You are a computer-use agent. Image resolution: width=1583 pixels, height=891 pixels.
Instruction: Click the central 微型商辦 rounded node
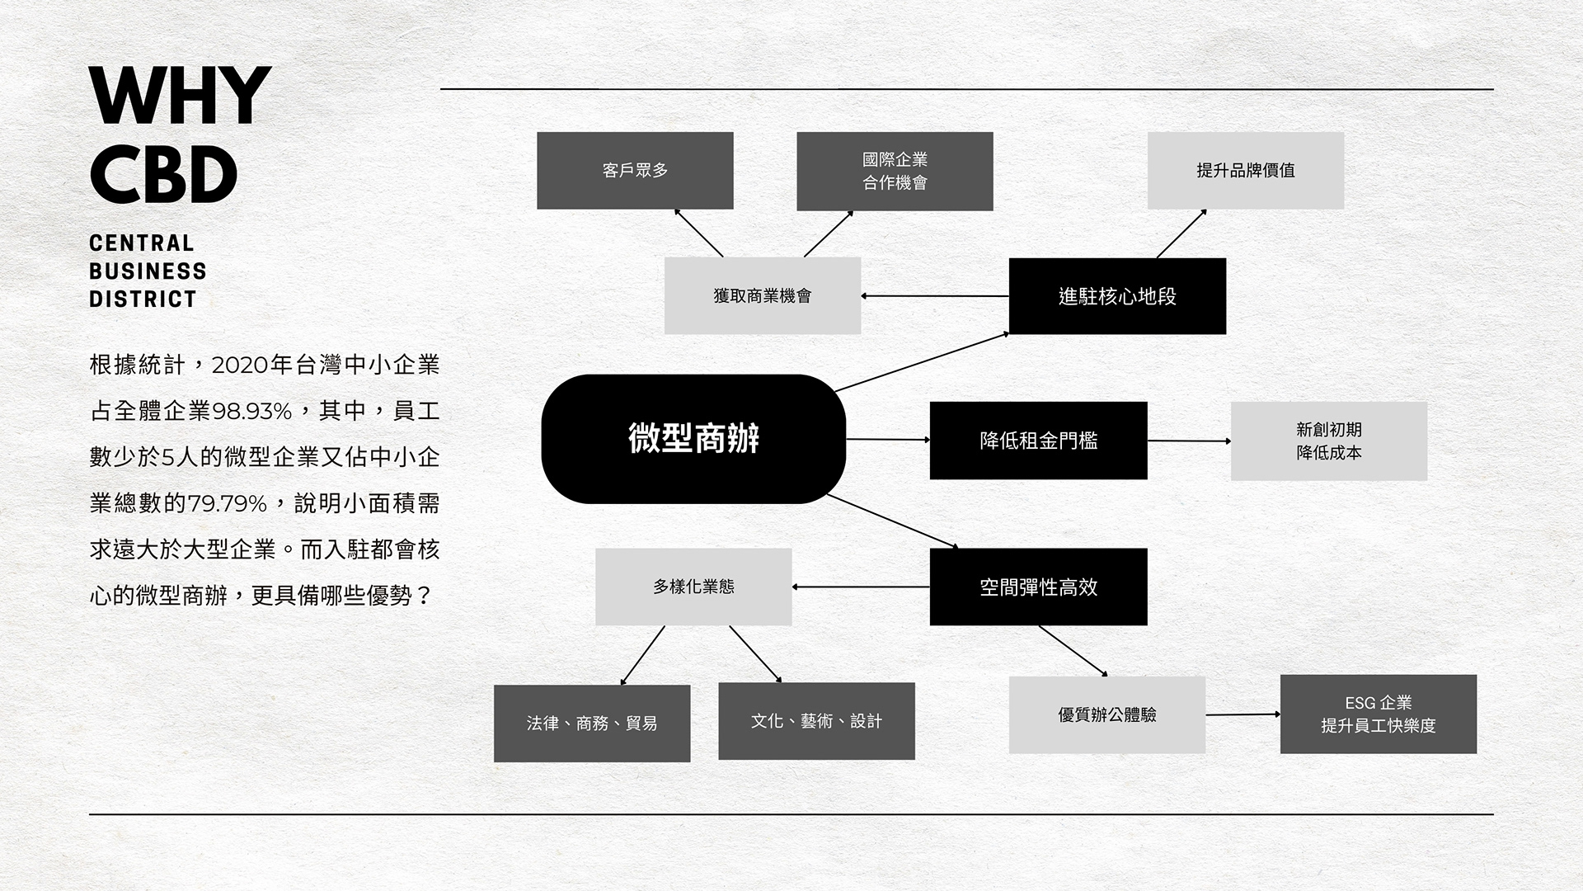(693, 438)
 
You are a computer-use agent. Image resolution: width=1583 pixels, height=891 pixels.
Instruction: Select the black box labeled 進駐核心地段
(1117, 296)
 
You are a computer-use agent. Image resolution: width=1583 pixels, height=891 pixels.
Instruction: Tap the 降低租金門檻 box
(1038, 441)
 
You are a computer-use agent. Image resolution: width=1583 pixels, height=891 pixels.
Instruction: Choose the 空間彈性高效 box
(1038, 587)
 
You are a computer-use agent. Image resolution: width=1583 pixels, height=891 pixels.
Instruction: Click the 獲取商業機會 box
(762, 295)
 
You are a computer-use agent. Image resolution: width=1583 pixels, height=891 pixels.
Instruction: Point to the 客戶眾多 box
(635, 170)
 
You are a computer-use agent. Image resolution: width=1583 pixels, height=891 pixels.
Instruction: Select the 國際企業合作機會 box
(895, 171)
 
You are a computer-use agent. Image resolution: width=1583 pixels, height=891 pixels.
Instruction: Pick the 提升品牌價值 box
(1245, 170)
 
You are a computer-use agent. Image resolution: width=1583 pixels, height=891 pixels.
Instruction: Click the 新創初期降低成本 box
(1328, 441)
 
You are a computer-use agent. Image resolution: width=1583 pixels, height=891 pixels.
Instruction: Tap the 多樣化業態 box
(693, 587)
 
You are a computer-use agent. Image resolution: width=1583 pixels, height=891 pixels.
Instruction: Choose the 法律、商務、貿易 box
(592, 723)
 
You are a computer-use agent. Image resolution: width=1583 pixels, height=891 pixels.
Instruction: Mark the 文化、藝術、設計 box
(816, 721)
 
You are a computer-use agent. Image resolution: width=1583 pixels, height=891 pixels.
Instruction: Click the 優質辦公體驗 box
(1106, 714)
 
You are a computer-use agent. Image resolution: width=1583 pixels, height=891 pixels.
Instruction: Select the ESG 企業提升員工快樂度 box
(1378, 714)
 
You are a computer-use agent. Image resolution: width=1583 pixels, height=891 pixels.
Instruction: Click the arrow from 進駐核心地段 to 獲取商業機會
(935, 295)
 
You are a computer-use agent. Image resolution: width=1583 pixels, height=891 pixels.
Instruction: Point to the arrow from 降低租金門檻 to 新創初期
(1189, 441)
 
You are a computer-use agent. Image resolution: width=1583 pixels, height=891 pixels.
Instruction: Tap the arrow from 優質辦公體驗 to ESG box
(1242, 714)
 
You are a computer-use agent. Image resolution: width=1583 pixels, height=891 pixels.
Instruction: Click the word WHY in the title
(180, 97)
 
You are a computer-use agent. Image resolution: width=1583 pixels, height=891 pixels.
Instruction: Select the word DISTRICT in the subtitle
(143, 299)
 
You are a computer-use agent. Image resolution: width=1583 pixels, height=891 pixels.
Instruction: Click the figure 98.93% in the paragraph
(252, 411)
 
